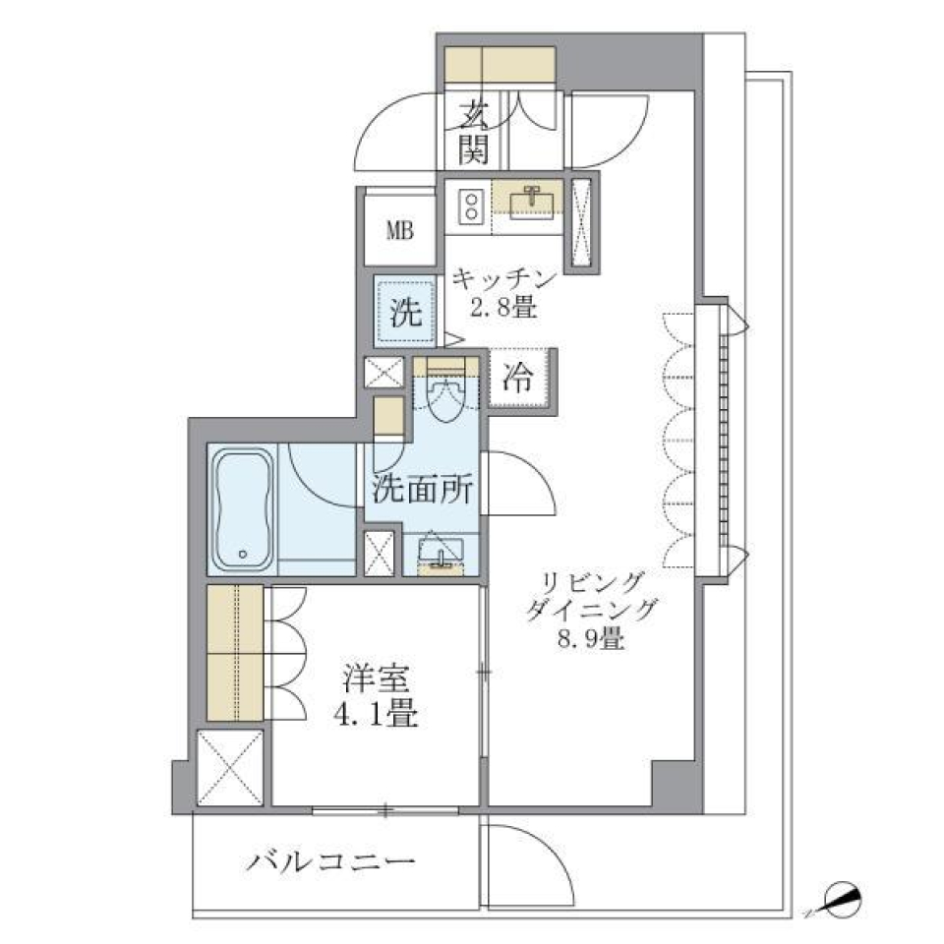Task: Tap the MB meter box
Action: (399, 231)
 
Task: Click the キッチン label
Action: (504, 279)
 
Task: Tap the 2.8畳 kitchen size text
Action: (504, 307)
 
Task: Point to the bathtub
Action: (243, 508)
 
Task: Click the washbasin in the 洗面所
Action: (440, 553)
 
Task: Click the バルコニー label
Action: (330, 864)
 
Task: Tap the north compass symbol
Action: (843, 897)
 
